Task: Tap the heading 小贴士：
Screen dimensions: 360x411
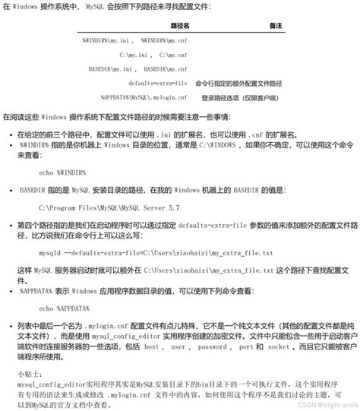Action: tap(32, 375)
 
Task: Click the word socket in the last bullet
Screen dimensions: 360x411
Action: tap(278, 346)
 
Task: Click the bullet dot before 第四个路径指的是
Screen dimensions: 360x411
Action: tap(8, 226)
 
